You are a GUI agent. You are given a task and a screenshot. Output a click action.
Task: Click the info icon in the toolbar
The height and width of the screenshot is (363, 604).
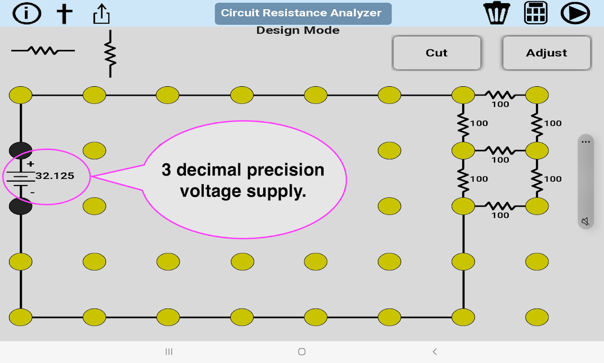pos(27,13)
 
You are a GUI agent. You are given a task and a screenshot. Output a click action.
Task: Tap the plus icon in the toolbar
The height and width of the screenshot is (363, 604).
pos(64,13)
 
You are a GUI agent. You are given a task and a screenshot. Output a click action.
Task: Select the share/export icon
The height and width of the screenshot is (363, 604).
pos(101,14)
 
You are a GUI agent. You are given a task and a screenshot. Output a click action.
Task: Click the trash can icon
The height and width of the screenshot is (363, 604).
pos(497,13)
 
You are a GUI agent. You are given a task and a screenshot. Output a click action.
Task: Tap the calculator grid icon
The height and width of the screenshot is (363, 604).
pos(536,13)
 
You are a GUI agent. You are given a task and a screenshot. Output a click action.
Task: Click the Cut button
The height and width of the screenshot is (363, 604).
pos(436,53)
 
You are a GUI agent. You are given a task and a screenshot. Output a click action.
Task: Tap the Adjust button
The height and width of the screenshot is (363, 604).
pos(546,53)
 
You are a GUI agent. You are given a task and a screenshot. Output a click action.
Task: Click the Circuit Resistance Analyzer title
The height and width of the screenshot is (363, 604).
pos(301,13)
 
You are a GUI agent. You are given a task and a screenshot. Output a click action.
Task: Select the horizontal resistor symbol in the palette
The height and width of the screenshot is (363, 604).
pos(43,50)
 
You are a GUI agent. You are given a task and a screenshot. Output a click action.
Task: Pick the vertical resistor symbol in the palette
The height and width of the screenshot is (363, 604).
pos(110,54)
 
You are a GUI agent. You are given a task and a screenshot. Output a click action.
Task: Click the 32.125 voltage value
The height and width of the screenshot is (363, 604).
pos(55,176)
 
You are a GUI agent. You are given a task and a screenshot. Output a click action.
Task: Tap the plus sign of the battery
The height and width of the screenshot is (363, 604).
pos(30,164)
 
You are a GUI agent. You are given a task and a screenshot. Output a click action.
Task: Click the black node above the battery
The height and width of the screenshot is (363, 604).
pos(20,150)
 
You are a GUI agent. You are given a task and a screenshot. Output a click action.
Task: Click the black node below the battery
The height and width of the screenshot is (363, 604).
pos(20,206)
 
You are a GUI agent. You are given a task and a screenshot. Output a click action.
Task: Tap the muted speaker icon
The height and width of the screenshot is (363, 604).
pos(585,221)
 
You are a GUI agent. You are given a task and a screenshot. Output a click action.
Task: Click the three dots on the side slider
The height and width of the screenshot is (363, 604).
pos(586,142)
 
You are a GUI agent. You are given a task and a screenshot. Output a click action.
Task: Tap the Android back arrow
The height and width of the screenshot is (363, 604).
pos(435,352)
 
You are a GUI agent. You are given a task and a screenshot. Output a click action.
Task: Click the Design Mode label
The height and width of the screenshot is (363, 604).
pos(298,30)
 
